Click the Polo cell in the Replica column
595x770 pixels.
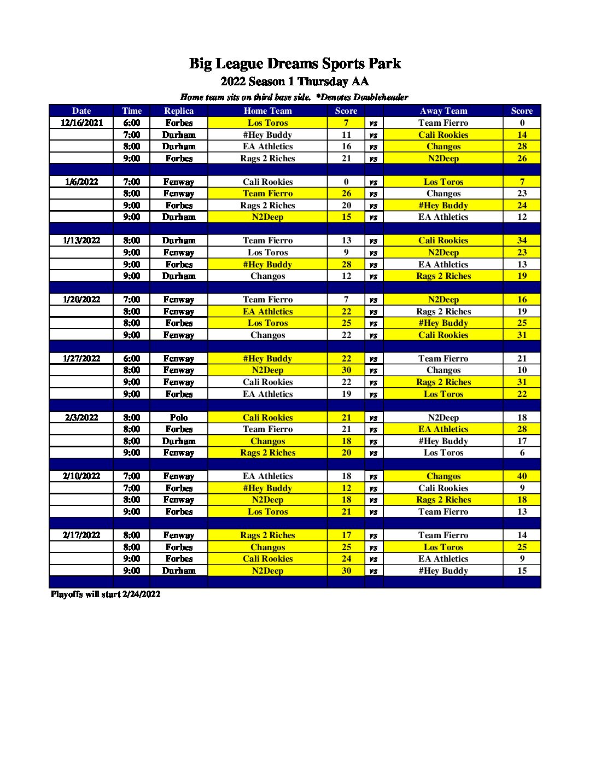coord(179,417)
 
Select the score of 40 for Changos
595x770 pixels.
coord(522,476)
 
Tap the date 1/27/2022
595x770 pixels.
coord(81,359)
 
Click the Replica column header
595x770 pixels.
coord(179,110)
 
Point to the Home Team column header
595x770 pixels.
coord(267,110)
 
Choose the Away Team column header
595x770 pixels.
coord(443,110)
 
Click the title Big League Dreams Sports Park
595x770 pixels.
coord(295,64)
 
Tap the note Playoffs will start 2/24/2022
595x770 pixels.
coord(106,594)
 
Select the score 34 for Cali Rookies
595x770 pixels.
coord(522,241)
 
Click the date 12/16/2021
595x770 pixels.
coord(81,123)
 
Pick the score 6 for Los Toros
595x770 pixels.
coord(522,453)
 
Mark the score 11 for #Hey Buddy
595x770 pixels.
coord(346,135)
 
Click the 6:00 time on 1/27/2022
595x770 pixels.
coord(132,359)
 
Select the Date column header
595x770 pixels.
coord(81,110)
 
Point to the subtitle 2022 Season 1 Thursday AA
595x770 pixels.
coord(295,82)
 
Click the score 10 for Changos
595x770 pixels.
coord(522,370)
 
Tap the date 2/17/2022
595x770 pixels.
coord(81,535)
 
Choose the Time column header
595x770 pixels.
coord(132,110)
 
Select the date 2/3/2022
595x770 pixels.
coord(81,417)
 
